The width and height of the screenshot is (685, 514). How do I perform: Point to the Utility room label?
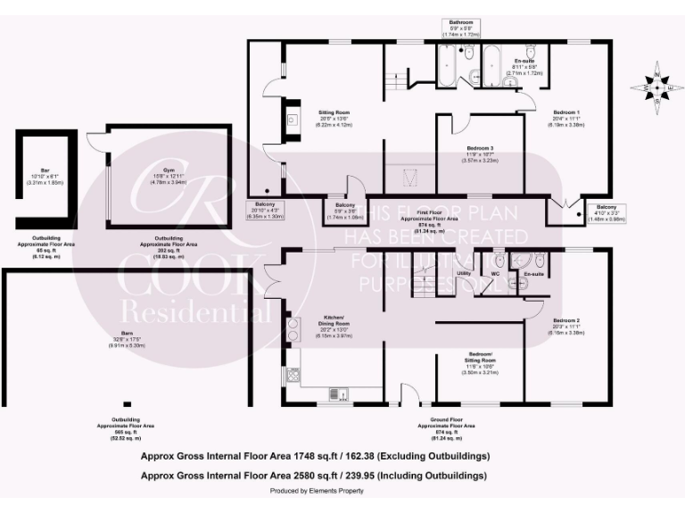click(464, 272)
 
